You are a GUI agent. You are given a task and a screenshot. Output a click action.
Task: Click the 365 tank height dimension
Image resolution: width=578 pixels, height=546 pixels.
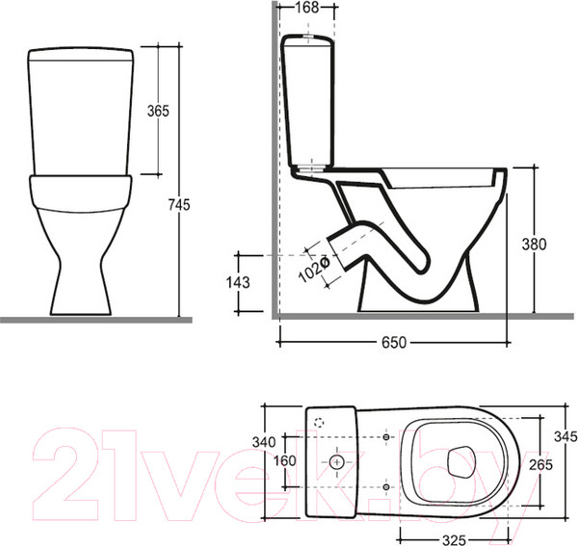pos(158,111)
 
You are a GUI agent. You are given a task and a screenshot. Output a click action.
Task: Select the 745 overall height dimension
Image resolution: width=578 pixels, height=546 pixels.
pos(179,205)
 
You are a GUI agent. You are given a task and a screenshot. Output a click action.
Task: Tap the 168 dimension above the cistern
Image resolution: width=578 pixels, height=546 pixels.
pos(307,8)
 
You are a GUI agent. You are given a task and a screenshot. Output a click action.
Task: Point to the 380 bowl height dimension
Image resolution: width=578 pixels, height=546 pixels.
pos(534,245)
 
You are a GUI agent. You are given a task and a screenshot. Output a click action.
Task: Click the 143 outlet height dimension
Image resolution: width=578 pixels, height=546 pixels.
pos(238,282)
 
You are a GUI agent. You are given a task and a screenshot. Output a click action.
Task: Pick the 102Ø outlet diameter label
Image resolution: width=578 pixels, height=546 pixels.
pos(313,269)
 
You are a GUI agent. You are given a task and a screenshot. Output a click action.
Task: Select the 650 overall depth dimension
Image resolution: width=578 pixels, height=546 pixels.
pos(394,343)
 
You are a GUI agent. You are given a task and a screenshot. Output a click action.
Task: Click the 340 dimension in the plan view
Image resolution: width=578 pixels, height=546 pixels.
pos(264,442)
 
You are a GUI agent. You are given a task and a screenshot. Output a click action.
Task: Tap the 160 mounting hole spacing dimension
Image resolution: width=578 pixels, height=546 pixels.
pos(285,460)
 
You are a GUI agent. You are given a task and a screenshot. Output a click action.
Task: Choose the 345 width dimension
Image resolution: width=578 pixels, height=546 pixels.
pos(565,436)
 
